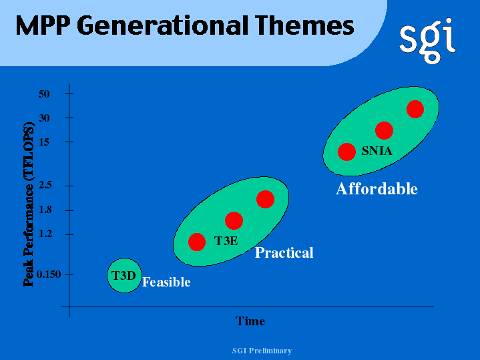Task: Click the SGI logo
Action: click(x=427, y=41)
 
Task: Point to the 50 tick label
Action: click(x=44, y=94)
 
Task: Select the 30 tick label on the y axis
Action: click(x=44, y=118)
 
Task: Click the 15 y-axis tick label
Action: click(x=44, y=142)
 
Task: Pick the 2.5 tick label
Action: click(x=45, y=185)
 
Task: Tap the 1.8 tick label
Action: click(x=45, y=210)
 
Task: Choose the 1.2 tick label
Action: click(x=45, y=234)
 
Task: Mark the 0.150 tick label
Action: click(x=49, y=275)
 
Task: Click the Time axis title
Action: click(x=250, y=321)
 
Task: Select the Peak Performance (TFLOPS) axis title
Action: click(x=29, y=204)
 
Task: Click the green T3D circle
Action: click(x=124, y=275)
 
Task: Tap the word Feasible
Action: click(x=166, y=282)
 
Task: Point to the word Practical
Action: click(x=284, y=253)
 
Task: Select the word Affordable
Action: click(x=377, y=189)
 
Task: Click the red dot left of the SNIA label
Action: click(x=346, y=152)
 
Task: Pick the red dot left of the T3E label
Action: click(x=196, y=242)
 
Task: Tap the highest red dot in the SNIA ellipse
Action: click(x=415, y=109)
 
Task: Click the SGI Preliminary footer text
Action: click(x=262, y=351)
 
